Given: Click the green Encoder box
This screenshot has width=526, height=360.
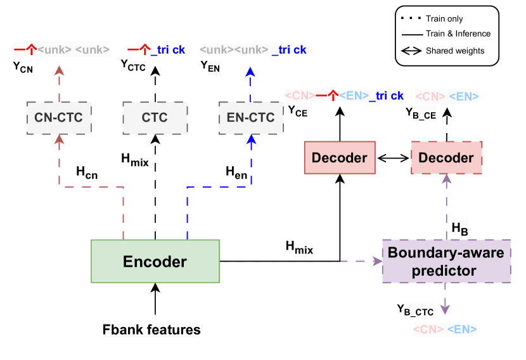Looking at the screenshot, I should pos(155,261).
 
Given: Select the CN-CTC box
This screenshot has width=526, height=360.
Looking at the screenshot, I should pos(60,117).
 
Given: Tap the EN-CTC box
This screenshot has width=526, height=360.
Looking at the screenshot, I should pos(251,117).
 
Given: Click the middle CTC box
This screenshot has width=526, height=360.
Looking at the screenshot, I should pos(155,117).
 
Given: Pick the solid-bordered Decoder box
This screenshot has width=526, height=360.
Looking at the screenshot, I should pos(340,157).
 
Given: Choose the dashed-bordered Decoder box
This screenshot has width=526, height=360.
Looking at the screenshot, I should pos(447,157).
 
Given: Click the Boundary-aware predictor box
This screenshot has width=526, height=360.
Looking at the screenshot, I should pos(446,261).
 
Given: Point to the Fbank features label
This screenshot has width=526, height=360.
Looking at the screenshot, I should pos(152,330).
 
